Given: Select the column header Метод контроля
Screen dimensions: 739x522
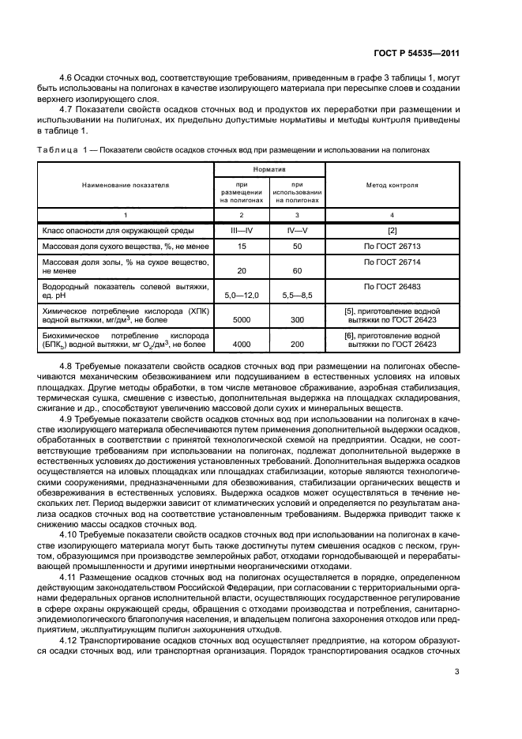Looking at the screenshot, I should click(x=392, y=184).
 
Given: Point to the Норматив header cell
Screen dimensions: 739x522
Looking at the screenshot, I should click(x=269, y=168).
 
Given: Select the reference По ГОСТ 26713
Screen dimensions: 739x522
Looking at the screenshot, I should click(x=392, y=247).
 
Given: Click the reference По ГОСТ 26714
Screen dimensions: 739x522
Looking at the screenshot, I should click(x=392, y=261).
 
